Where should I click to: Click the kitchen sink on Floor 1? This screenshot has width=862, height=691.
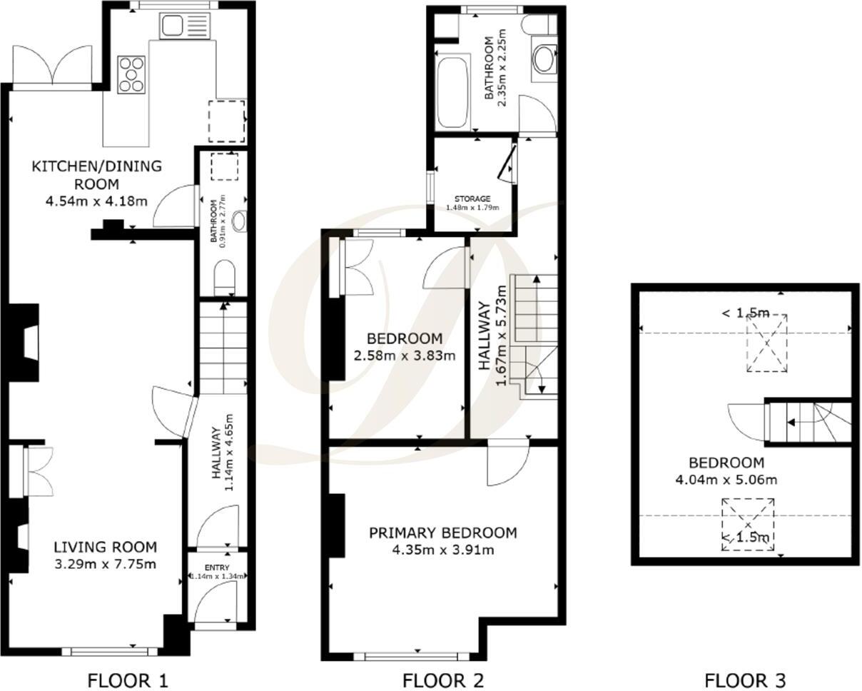coord(173,26)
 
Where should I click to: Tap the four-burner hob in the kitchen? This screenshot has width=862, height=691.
coord(132,74)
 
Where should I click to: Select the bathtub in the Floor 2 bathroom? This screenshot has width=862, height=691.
coord(451,92)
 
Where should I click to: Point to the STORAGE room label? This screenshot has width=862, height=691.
coord(473,199)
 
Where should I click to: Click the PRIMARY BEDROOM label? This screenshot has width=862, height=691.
coord(442,533)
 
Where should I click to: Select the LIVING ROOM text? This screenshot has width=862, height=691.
coord(105,548)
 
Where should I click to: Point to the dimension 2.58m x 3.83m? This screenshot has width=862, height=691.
coord(404,355)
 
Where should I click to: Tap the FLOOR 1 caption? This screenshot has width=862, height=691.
coord(128,680)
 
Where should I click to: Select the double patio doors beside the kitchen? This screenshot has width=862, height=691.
coord(52,66)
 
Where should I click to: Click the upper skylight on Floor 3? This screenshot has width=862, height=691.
coord(766,343)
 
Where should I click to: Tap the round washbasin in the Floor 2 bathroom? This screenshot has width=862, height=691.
coord(544,60)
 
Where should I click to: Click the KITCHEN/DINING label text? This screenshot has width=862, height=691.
coord(96,166)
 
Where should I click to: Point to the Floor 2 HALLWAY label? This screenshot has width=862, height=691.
coord(485,336)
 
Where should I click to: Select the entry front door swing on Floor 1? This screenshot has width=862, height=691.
coord(214,604)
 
